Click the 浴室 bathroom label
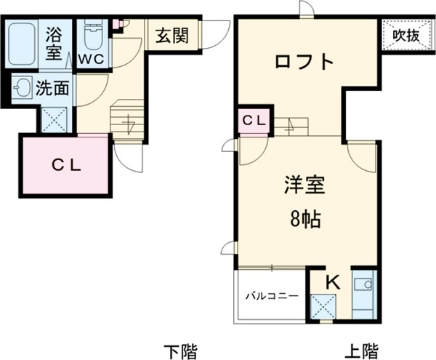(55, 43)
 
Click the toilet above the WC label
(92, 33)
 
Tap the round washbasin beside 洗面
(23, 89)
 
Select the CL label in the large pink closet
(66, 164)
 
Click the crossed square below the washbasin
(54, 118)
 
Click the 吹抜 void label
(406, 35)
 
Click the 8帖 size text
(304, 217)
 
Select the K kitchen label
(331, 282)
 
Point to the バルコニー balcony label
(271, 295)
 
